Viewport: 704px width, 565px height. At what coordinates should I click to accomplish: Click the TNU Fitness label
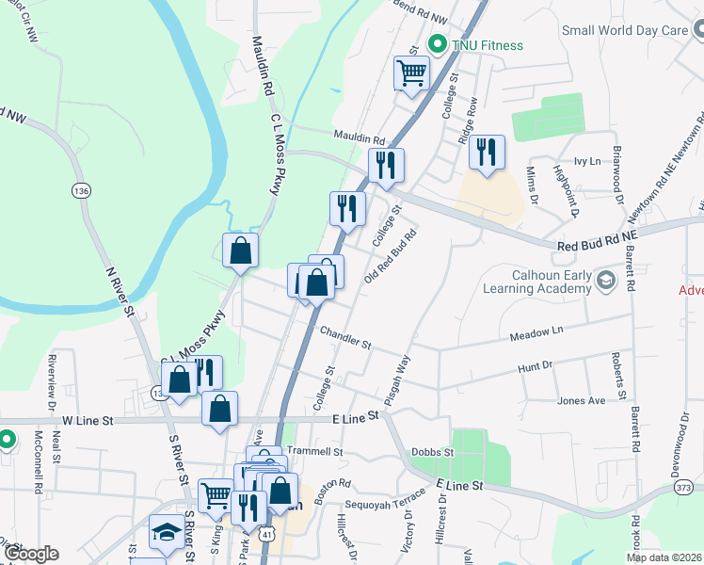487,45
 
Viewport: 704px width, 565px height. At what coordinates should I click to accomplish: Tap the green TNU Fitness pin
437,44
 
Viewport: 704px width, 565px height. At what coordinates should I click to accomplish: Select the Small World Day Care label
625,30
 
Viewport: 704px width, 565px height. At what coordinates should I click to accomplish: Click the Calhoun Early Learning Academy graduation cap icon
605,280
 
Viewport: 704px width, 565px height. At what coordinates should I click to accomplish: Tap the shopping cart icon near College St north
411,72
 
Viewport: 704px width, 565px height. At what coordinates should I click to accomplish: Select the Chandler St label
345,337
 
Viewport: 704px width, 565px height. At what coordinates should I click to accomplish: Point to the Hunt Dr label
535,367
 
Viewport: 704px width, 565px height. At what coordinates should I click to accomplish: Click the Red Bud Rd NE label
597,245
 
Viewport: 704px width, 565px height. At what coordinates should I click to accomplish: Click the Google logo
31,554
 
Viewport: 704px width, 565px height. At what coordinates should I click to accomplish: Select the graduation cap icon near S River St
167,532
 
